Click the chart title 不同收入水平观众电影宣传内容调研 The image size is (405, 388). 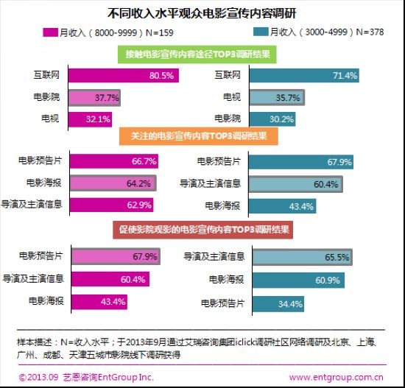point(202,13)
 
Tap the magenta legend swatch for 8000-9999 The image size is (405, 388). point(50,32)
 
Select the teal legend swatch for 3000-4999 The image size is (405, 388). point(261,32)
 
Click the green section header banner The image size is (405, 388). point(197,54)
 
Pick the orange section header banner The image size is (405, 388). point(199,136)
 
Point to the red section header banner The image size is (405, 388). point(203,230)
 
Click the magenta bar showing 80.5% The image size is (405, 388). point(124,75)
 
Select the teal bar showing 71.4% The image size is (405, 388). point(304,75)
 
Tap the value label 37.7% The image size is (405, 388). point(107,98)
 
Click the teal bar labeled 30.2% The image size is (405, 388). point(272,119)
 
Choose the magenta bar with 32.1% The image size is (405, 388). point(90,119)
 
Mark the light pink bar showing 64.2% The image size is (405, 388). point(113,183)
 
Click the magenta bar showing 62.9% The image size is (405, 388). point(112,205)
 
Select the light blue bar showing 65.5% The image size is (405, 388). point(303,257)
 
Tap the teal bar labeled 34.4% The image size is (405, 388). point(278,304)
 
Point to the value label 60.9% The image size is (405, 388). point(328,281)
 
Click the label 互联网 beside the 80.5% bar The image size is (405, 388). point(46,75)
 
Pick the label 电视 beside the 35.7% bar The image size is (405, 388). point(232,97)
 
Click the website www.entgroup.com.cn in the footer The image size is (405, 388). point(336,378)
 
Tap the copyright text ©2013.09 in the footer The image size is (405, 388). point(38,377)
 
